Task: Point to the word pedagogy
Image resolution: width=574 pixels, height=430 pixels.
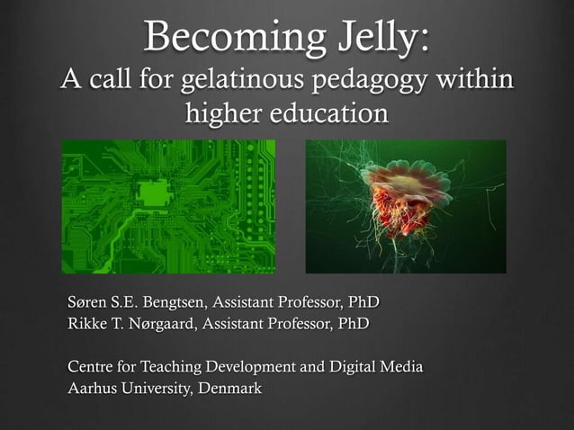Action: click(x=371, y=81)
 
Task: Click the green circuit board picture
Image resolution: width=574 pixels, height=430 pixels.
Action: click(x=168, y=206)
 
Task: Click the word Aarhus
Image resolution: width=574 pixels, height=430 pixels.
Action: click(x=94, y=390)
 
